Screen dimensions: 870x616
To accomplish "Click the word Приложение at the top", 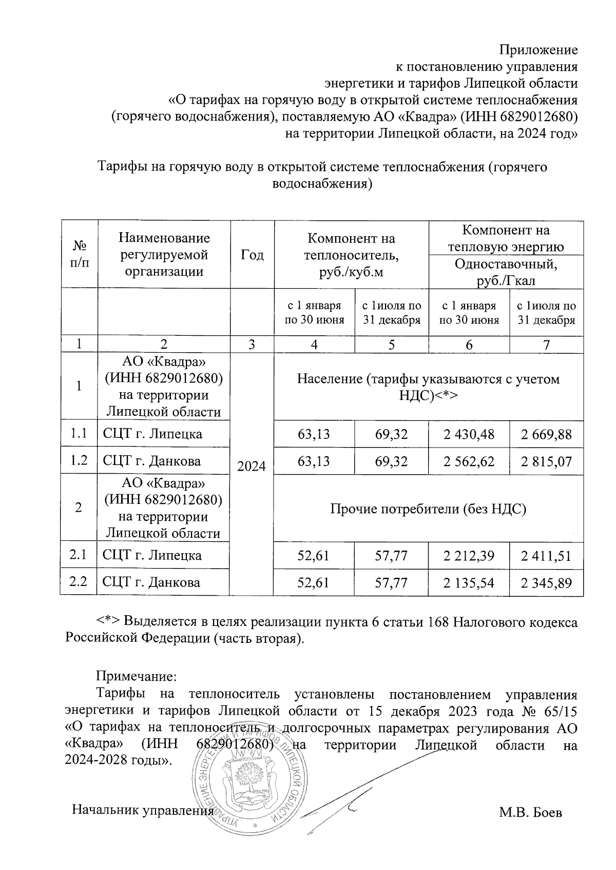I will (x=538, y=50).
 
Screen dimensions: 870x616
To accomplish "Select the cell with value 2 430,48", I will (x=469, y=435).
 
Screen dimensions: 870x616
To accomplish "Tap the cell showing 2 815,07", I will (x=546, y=461).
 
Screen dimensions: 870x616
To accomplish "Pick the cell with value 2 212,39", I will (x=469, y=556).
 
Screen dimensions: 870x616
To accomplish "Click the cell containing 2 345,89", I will (x=546, y=582).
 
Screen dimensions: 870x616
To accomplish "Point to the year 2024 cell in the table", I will (x=252, y=467).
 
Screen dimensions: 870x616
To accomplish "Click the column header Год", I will (x=252, y=255).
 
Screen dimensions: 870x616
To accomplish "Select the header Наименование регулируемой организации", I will (x=164, y=255).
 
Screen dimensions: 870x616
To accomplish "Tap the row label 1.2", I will (x=79, y=461).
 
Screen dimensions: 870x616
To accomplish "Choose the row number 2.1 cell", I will (x=79, y=555).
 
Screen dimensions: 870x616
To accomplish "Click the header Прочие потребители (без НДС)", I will (x=428, y=509).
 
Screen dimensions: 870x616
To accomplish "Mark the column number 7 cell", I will (x=546, y=345).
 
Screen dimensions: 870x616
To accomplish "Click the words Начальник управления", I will (x=142, y=811).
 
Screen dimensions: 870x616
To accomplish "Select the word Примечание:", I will (x=137, y=676).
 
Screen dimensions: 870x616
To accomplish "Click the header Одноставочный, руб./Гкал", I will (x=506, y=272).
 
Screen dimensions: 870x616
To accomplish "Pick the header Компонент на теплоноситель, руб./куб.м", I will (x=351, y=255).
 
